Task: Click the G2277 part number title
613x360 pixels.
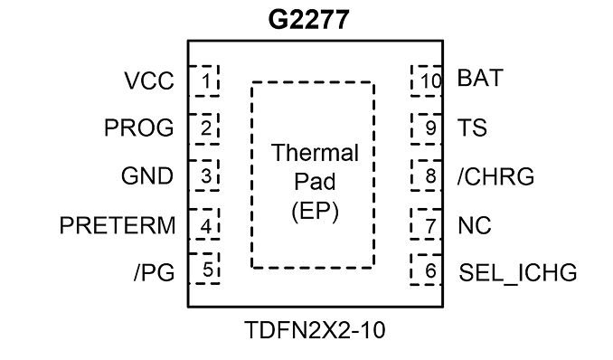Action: (x=308, y=20)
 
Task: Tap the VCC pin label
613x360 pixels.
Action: (x=149, y=81)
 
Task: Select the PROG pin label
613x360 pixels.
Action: (x=139, y=128)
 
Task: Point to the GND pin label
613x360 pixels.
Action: (x=147, y=176)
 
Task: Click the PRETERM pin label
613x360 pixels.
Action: (x=118, y=225)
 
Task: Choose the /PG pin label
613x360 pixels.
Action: (x=154, y=272)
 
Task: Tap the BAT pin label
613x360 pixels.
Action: (x=480, y=78)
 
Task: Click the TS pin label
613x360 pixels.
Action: (x=472, y=128)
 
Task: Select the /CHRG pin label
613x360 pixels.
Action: (x=495, y=176)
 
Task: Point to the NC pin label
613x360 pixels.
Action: (x=474, y=225)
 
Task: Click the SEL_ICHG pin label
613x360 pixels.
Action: (x=517, y=272)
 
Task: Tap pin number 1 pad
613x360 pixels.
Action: (x=203, y=81)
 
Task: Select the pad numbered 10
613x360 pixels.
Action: (x=427, y=81)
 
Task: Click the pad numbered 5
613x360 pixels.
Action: (x=203, y=269)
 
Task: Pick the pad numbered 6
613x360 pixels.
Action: (x=427, y=270)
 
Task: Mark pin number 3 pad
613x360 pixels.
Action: (x=203, y=175)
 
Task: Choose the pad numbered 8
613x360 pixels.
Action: (x=427, y=175)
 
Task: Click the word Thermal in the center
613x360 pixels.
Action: (x=315, y=153)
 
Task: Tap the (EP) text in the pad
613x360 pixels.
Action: (x=315, y=212)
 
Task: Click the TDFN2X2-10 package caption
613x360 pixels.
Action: (x=315, y=330)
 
